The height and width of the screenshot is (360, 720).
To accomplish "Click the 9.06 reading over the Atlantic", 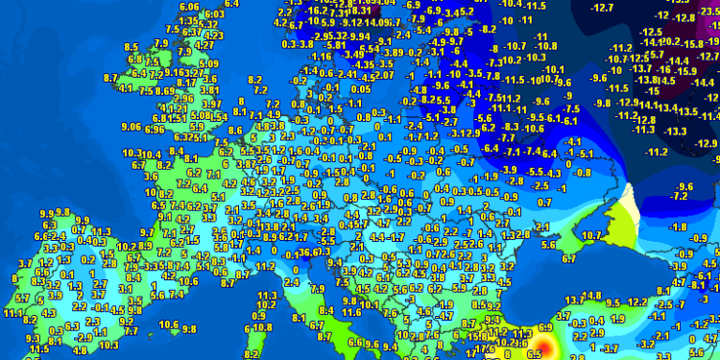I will [x=132, y=127].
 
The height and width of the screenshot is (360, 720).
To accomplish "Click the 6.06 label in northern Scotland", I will [x=189, y=6].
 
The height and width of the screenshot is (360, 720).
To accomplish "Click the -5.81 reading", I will [x=335, y=45].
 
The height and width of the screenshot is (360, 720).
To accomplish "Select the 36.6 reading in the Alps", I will [x=309, y=252].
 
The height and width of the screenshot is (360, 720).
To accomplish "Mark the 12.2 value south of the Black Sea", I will [x=641, y=301].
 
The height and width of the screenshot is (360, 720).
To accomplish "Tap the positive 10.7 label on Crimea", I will [x=590, y=234].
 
